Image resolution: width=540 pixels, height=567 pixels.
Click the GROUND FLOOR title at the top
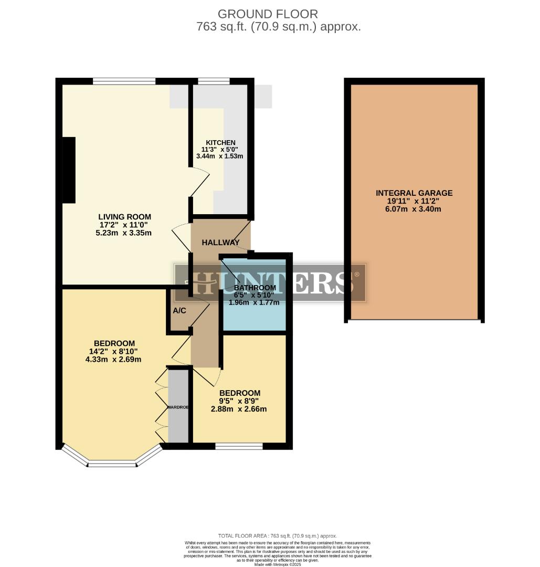268,14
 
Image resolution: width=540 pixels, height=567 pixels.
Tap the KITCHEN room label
220,143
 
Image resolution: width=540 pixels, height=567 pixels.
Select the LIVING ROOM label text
125,217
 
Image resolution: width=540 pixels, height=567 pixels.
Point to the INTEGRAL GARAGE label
414,193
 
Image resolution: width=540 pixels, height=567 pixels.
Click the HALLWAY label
221,243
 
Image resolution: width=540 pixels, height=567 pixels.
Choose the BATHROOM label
255,288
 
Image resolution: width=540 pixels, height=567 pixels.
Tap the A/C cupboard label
179,311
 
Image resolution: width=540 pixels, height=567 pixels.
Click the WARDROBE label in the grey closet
178,407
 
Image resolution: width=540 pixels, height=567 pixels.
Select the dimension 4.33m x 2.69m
113,360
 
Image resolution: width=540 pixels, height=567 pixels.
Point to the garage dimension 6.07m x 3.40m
414,209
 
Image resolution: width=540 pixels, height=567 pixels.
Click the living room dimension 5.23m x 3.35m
125,233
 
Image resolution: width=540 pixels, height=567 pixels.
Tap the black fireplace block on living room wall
69,170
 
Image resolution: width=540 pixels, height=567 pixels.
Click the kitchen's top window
214,81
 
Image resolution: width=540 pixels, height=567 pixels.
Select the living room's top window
124,81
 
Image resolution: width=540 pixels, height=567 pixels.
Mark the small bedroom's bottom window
239,446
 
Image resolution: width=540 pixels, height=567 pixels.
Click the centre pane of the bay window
112,464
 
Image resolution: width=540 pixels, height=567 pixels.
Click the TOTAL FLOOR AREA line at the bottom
278,535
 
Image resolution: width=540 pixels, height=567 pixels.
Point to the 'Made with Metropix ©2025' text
278,564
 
